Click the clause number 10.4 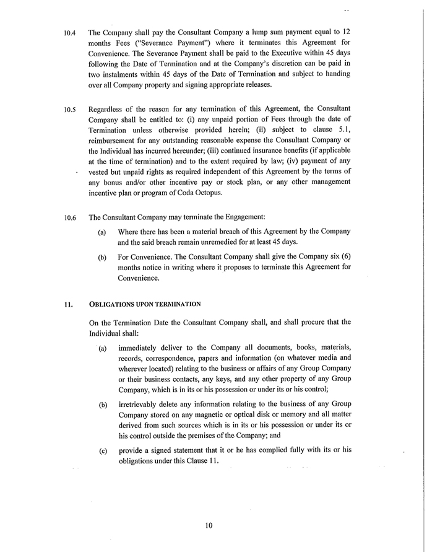tap(69, 33)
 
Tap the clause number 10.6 tap(69, 218)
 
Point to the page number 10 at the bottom tap(209, 526)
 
